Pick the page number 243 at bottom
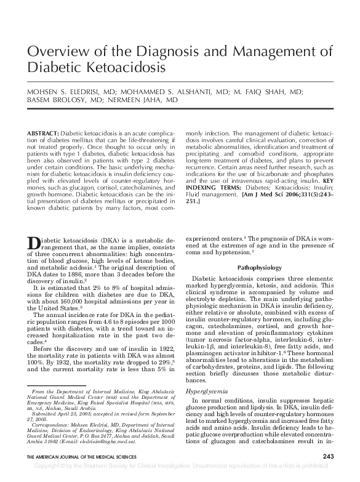pos(328,473)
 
